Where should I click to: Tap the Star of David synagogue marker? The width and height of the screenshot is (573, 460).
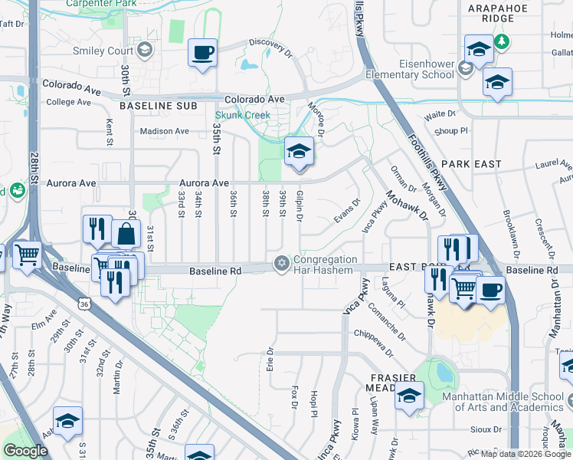coord(282,264)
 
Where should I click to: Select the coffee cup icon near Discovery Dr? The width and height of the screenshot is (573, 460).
coord(203,53)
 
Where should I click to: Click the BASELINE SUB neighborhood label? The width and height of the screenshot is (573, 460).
coord(158,105)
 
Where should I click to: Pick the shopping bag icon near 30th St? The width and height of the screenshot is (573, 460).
coord(126,233)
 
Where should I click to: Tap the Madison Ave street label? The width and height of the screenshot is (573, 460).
coord(164,131)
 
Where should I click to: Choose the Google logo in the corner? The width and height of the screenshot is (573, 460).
coord(25,451)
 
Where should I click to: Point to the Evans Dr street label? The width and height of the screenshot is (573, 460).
coord(347,212)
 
